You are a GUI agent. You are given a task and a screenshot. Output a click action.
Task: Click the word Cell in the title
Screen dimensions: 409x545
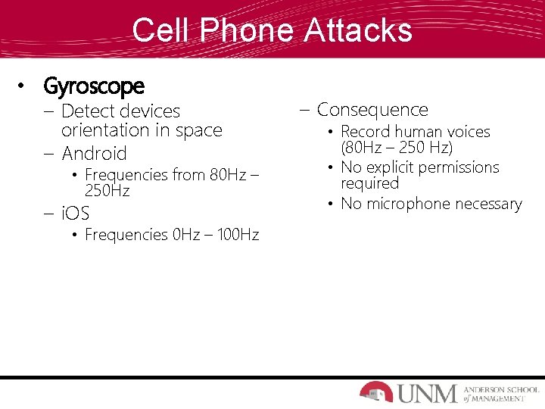pos(157,30)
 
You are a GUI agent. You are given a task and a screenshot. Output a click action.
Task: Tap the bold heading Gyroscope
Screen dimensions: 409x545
pos(94,86)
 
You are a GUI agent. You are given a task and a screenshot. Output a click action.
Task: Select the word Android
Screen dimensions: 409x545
pos(94,154)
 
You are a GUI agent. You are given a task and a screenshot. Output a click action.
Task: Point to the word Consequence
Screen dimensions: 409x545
pos(372,110)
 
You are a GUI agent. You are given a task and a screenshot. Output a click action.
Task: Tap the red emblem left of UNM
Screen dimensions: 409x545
pos(376,392)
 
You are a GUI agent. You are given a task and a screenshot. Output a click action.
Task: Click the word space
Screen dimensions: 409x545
pos(198,130)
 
